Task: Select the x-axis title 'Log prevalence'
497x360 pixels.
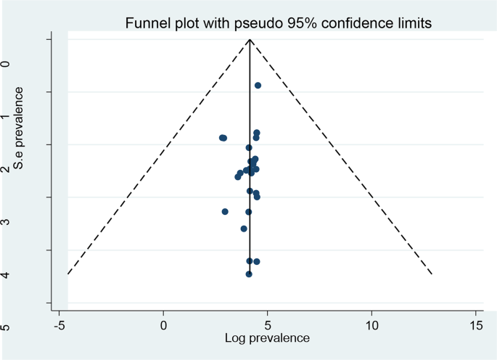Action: pyautogui.click(x=268, y=337)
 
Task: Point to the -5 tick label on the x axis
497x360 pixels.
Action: pyautogui.click(x=59, y=324)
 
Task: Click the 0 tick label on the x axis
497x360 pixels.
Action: pyautogui.click(x=164, y=324)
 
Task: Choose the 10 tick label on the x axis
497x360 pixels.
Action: pyautogui.click(x=372, y=324)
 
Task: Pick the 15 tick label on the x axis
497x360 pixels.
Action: pyautogui.click(x=477, y=324)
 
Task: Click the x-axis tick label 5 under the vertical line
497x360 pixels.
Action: pyautogui.click(x=268, y=324)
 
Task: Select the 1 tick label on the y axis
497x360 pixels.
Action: pyautogui.click(x=7, y=118)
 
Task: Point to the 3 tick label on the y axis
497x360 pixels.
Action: pyautogui.click(x=7, y=221)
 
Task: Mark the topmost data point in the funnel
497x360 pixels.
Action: pyautogui.click(x=258, y=86)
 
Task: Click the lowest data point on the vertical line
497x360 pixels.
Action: pyautogui.click(x=249, y=274)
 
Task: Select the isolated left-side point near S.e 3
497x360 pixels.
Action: pyautogui.click(x=225, y=211)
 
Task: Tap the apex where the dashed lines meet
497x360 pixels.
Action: pyautogui.click(x=250, y=40)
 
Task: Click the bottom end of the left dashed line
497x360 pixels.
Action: pyautogui.click(x=67, y=274)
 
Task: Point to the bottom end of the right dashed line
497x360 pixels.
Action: pyautogui.click(x=432, y=274)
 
